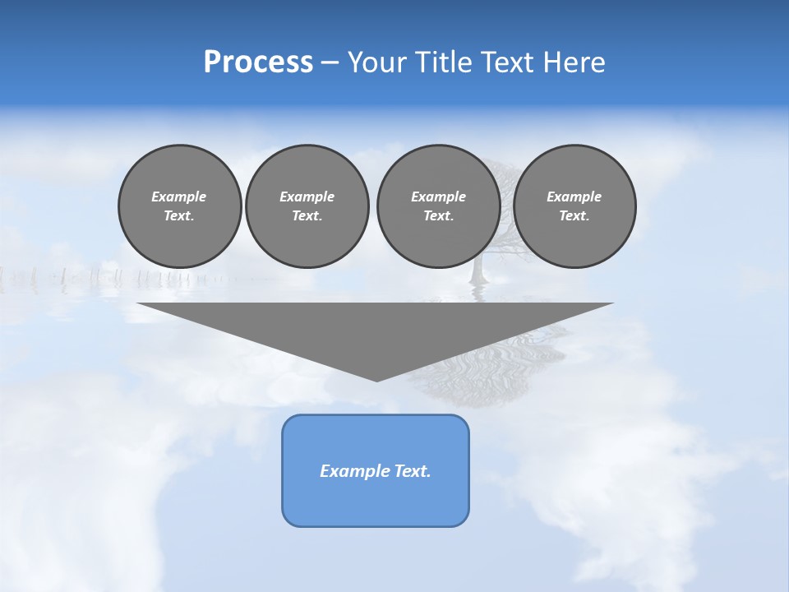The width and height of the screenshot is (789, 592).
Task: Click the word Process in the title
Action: point(258,62)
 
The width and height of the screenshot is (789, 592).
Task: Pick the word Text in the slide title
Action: point(505,62)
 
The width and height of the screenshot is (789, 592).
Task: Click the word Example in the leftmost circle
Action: point(179,197)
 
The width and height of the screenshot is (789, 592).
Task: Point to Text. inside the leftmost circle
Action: point(179,216)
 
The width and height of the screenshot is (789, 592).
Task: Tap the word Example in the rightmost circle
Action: point(574,197)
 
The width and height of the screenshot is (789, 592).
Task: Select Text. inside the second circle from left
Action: point(307,216)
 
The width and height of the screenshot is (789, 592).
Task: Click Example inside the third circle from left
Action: point(438,197)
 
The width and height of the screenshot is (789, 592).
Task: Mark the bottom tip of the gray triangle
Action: point(376,380)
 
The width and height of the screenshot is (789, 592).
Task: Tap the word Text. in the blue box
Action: point(410,471)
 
